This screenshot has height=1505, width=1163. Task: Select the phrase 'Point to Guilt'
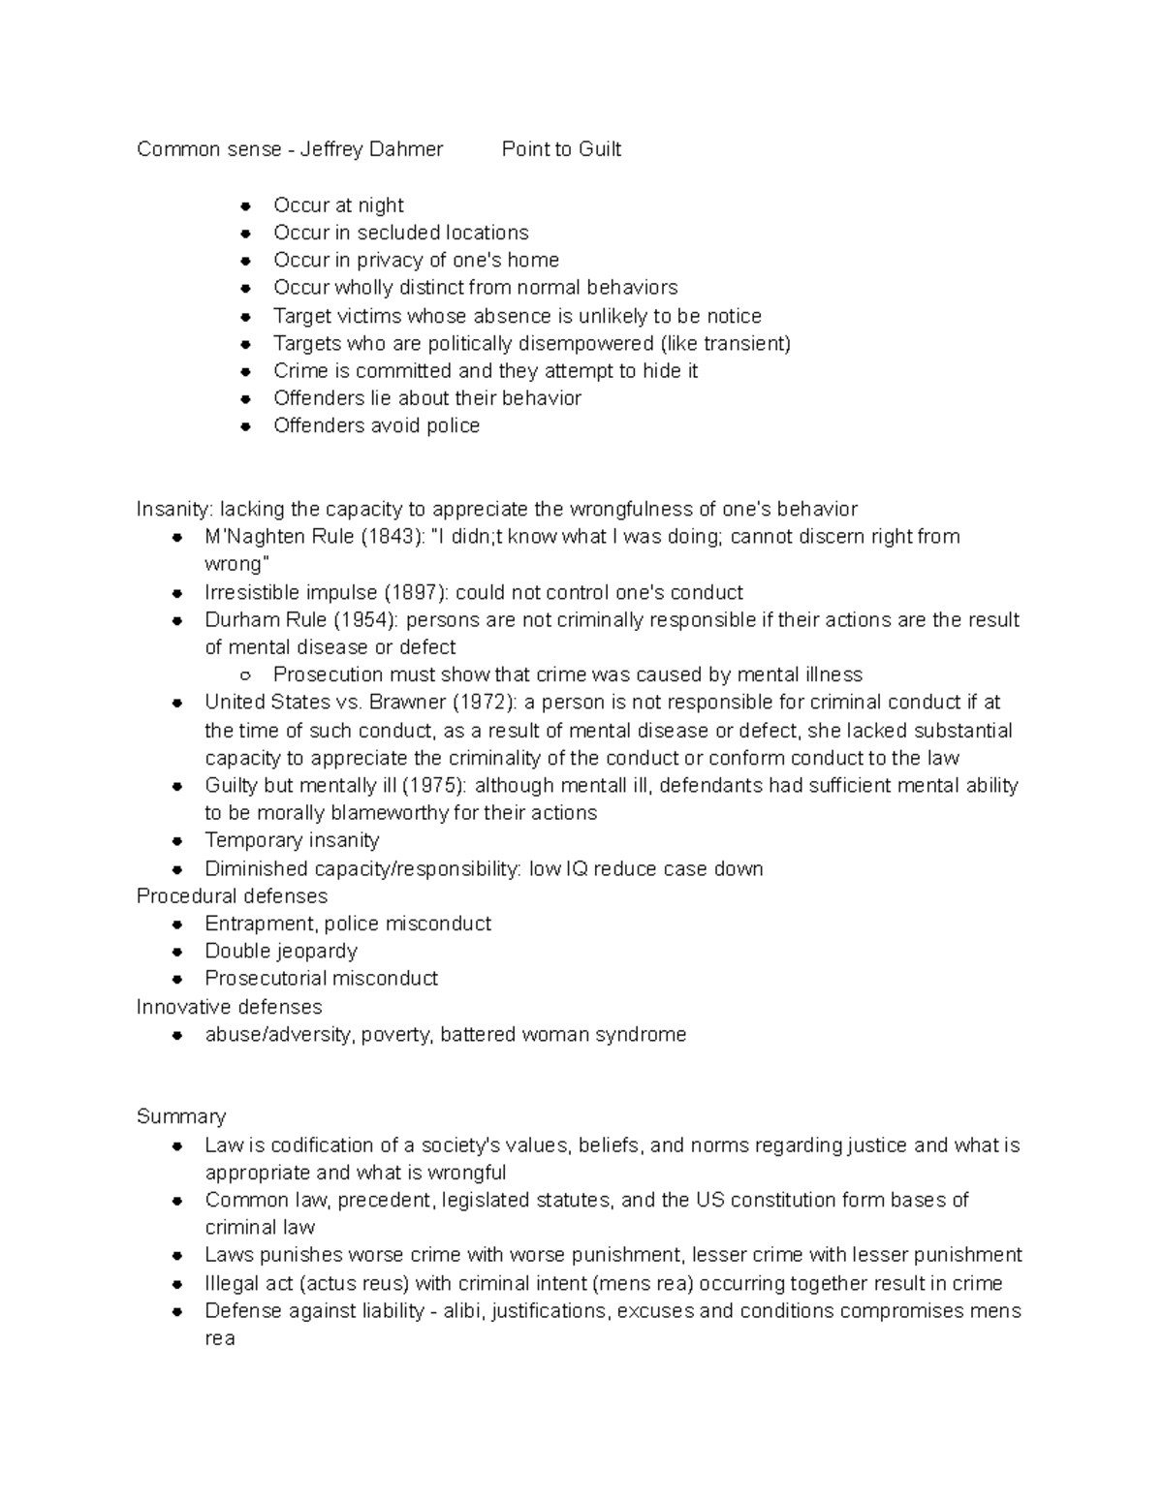pos(561,149)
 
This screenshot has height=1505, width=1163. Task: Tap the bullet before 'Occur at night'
pos(247,205)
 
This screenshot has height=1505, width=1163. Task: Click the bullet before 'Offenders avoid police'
pos(247,425)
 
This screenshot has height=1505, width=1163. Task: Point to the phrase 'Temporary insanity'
pos(292,840)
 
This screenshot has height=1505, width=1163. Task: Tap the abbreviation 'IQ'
pos(577,868)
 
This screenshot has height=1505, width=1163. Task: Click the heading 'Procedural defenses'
pos(232,895)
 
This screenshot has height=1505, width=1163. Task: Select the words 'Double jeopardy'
pos(281,951)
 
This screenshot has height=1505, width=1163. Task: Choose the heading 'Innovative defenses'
pos(230,1007)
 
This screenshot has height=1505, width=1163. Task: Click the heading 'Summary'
pos(181,1116)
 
